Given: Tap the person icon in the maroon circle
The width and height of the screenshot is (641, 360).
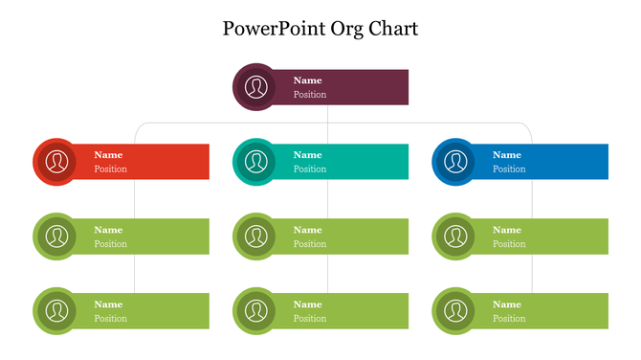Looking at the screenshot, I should [254, 87].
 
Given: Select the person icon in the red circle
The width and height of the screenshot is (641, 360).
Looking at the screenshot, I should [56, 162].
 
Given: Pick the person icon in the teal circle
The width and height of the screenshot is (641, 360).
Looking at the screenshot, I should [254, 162].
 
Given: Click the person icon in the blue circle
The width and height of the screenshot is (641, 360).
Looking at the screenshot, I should [454, 162].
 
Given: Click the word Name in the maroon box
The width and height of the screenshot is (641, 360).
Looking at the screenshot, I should [307, 80].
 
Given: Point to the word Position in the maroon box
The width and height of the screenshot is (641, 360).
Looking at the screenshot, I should [310, 95].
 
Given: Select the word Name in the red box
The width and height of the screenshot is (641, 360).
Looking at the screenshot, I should [108, 155].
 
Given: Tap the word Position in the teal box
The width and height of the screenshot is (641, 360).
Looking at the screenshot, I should [310, 169].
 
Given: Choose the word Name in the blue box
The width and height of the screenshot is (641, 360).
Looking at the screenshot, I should [507, 155].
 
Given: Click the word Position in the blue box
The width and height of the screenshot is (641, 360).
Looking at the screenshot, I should [509, 169].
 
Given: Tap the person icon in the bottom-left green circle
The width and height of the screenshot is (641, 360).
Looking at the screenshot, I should [56, 311].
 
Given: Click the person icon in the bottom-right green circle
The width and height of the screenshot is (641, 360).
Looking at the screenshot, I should [454, 311].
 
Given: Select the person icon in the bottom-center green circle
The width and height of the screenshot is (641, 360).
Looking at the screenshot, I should [254, 311].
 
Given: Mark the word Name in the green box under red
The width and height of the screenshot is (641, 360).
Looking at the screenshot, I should [108, 230].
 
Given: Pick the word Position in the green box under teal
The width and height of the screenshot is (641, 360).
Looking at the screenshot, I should [310, 244].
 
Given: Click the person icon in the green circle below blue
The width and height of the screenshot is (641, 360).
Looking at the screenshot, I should [454, 236].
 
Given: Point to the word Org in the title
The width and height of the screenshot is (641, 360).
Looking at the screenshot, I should [341, 29].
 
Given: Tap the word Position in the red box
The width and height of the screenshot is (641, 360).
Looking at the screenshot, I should [110, 169].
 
